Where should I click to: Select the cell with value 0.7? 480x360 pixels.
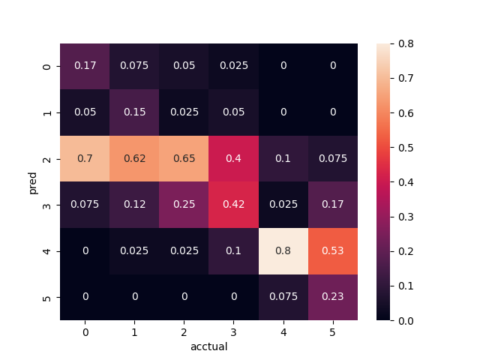85,159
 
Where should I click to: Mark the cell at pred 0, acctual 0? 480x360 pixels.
85,67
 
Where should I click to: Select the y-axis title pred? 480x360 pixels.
33,182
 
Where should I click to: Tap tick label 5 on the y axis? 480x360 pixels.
48,297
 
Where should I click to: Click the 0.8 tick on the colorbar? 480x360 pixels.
405,44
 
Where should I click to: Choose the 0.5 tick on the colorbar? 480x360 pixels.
405,148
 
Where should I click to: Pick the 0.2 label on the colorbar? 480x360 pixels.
405,251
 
